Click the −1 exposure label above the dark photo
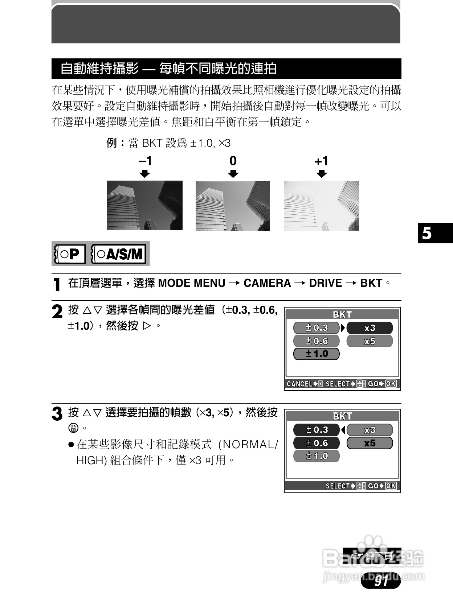pyautogui.click(x=145, y=161)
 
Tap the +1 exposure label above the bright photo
pyautogui.click(x=321, y=161)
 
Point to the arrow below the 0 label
pyautogui.click(x=233, y=174)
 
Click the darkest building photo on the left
pyautogui.click(x=144, y=206)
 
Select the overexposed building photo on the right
pyautogui.click(x=321, y=206)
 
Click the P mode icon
pyautogui.click(x=69, y=254)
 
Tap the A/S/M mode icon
pyautogui.click(x=119, y=254)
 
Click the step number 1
pyautogui.click(x=57, y=284)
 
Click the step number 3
pyautogui.click(x=57, y=414)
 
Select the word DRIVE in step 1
pyautogui.click(x=325, y=283)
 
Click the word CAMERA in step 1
pyautogui.click(x=267, y=283)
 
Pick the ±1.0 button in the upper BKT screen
pyautogui.click(x=316, y=354)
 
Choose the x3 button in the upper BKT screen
pyautogui.click(x=370, y=328)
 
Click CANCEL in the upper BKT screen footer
pyautogui.click(x=299, y=384)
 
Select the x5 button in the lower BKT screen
pyautogui.click(x=370, y=443)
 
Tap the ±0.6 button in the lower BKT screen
pyautogui.click(x=316, y=443)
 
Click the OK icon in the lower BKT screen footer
pyautogui.click(x=391, y=486)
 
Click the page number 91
pyautogui.click(x=381, y=581)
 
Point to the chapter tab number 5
pyautogui.click(x=427, y=233)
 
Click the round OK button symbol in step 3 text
pyautogui.click(x=73, y=428)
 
